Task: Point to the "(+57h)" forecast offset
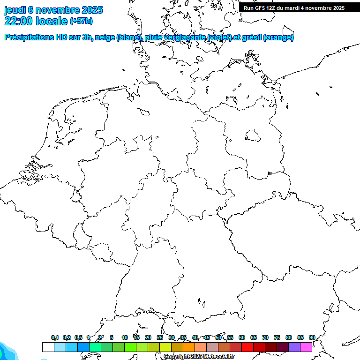click(x=81, y=21)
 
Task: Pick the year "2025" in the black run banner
click(x=337, y=8)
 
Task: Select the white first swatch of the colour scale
click(x=48, y=347)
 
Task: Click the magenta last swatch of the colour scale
click(x=306, y=347)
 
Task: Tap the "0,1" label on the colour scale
click(x=55, y=337)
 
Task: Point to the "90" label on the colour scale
click(x=312, y=337)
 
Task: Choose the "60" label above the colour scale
click(x=242, y=337)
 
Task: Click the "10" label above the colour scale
click(x=125, y=337)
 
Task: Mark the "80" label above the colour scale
click(x=289, y=337)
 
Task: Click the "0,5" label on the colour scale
click(x=78, y=337)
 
